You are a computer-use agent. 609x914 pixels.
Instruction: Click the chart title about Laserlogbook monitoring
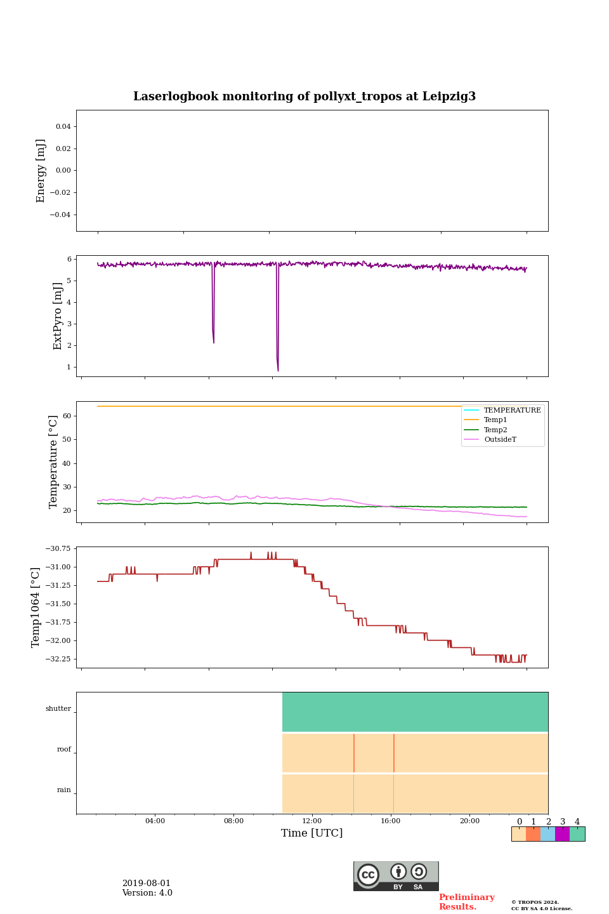tap(304, 96)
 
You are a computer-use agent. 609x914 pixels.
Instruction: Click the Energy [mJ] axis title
tap(41, 171)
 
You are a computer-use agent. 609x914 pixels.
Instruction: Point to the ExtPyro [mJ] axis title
tap(58, 316)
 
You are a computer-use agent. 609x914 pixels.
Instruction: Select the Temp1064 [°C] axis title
tap(36, 607)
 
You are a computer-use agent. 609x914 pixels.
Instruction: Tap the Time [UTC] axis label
tap(312, 833)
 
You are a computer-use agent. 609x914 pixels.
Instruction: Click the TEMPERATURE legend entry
tap(512, 411)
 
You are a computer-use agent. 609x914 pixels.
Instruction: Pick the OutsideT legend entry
tap(500, 440)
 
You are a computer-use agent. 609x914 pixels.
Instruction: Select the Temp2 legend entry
tap(495, 430)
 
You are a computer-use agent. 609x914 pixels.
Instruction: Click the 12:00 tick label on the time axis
tap(312, 821)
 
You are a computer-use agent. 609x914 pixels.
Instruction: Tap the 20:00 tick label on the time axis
tap(469, 821)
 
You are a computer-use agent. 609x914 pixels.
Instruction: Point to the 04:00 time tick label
tap(155, 821)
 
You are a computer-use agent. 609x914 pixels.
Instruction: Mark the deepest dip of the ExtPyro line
tap(278, 371)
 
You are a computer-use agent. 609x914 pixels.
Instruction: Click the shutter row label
tap(58, 709)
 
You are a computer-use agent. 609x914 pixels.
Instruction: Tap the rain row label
tap(64, 790)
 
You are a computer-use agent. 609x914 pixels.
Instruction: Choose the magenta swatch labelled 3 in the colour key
tap(562, 834)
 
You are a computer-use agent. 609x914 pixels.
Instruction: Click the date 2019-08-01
tap(147, 884)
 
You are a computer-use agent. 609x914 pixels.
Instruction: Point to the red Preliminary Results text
tap(466, 902)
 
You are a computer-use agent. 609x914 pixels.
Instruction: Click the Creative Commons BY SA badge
tap(396, 876)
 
